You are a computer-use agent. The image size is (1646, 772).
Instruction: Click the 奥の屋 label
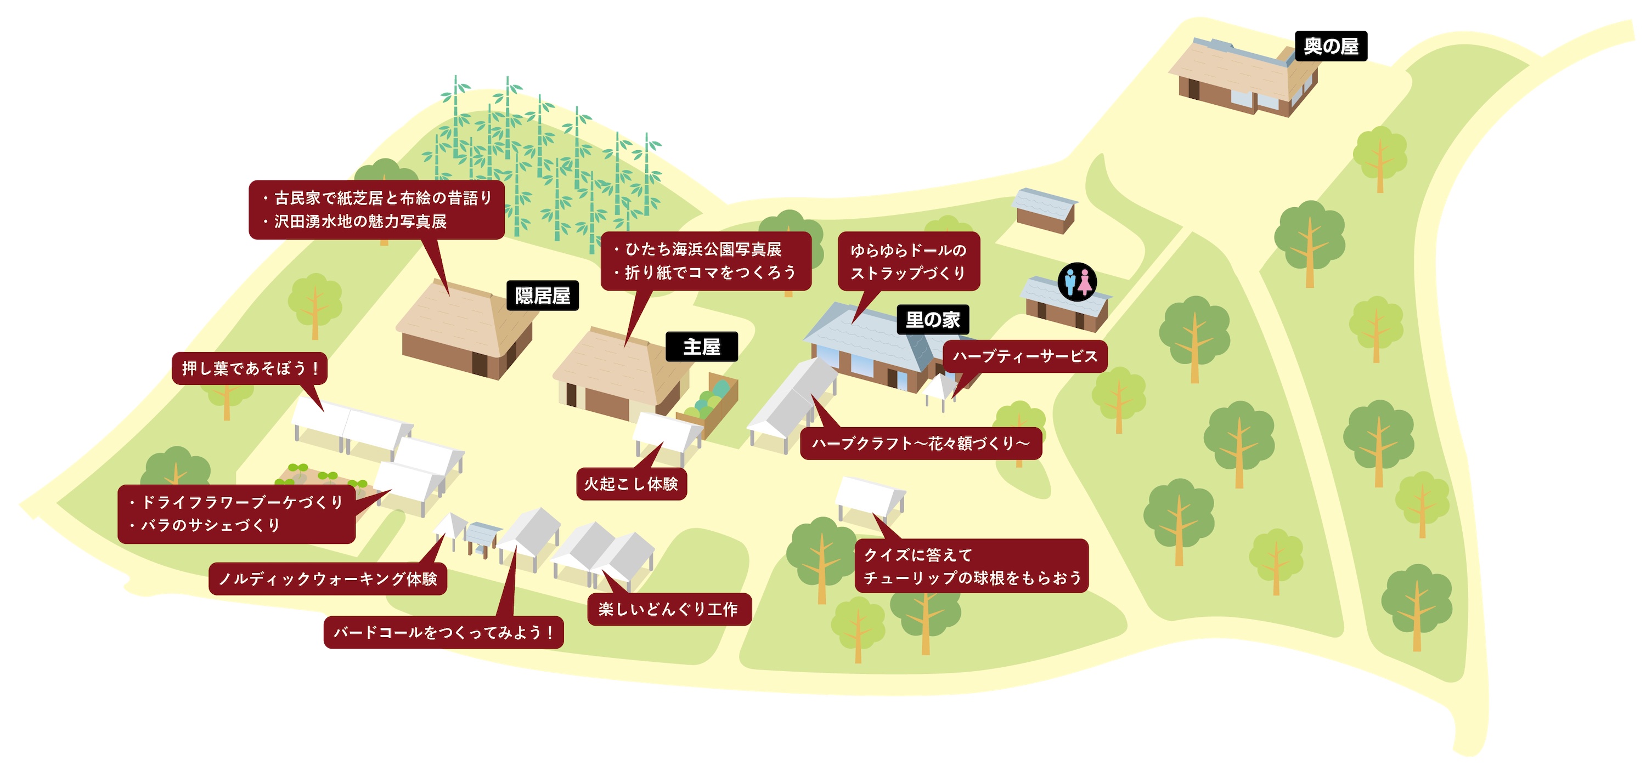(x=1331, y=46)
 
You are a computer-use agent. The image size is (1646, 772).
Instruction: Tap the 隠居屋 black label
(x=543, y=296)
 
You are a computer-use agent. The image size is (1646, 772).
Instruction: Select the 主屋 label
(x=702, y=347)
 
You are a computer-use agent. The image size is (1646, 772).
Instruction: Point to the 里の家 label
(x=933, y=320)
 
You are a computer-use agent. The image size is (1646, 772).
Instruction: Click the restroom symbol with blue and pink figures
(x=1078, y=282)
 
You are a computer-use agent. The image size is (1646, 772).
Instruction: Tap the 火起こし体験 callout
(x=632, y=484)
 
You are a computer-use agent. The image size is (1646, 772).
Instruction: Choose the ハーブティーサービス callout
(x=1025, y=356)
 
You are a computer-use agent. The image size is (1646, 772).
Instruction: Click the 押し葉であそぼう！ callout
(x=250, y=368)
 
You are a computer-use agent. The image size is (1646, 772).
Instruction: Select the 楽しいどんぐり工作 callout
(x=669, y=609)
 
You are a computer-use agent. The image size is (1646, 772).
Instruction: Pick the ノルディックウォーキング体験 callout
(x=328, y=579)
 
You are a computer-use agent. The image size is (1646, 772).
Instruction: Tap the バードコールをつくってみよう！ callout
(x=443, y=633)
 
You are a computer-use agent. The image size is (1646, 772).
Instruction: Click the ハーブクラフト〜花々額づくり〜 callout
(x=921, y=443)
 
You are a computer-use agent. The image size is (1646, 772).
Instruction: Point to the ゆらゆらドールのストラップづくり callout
(x=909, y=261)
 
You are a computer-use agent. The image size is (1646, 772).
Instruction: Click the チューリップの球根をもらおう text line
(x=973, y=578)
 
